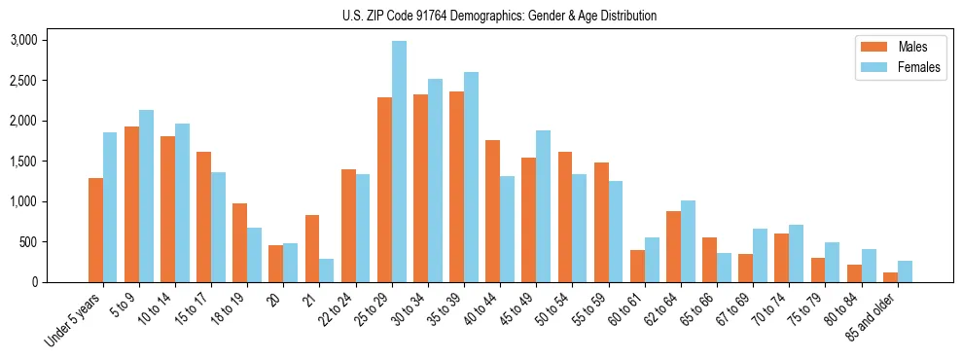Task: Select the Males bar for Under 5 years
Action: click(95, 230)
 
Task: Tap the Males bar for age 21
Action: click(312, 248)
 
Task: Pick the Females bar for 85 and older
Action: click(905, 271)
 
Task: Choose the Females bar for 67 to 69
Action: click(760, 255)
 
